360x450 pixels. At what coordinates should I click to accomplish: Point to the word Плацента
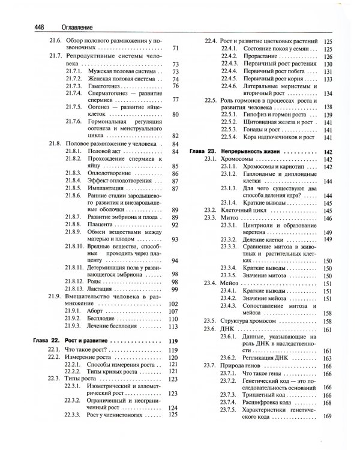(103, 224)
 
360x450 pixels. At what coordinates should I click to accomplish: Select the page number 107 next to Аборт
(175, 311)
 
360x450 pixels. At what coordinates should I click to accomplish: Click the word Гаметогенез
(108, 86)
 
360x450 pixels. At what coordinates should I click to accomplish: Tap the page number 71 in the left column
(176, 48)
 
